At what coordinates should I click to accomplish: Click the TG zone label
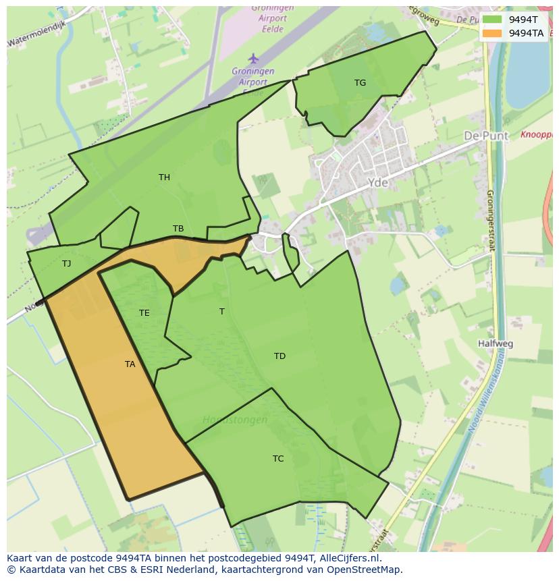(x=360, y=83)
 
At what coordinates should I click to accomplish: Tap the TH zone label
(x=164, y=177)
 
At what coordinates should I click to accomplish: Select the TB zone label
(x=178, y=229)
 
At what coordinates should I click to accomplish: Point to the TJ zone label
(x=66, y=264)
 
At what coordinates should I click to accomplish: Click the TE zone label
(x=144, y=313)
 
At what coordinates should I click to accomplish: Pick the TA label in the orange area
(x=130, y=364)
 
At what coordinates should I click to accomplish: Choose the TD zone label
(x=279, y=356)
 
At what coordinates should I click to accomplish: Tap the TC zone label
(x=278, y=459)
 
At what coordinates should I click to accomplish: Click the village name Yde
(x=378, y=182)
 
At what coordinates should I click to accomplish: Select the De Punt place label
(x=485, y=136)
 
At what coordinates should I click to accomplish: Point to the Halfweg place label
(x=495, y=343)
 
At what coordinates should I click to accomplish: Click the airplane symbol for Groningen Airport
(x=253, y=58)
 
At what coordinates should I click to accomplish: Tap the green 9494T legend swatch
(x=492, y=20)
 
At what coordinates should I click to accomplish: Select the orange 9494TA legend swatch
(x=492, y=33)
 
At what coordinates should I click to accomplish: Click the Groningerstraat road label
(x=491, y=220)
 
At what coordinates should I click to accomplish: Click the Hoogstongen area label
(x=235, y=420)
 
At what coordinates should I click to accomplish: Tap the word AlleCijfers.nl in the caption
(x=348, y=558)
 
